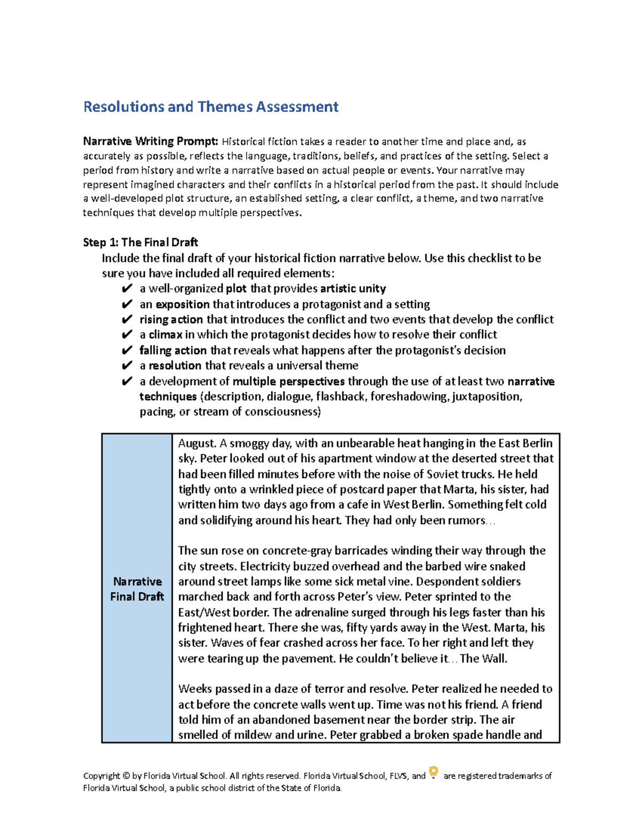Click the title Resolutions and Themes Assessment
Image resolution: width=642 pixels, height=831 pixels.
[211, 107]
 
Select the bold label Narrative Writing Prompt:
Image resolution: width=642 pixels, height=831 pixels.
[150, 142]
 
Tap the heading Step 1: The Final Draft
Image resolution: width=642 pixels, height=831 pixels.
[140, 242]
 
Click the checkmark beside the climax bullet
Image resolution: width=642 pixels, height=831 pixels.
[127, 335]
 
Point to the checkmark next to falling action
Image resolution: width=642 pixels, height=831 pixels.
[127, 350]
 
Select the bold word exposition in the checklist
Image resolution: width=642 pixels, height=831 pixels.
[182, 304]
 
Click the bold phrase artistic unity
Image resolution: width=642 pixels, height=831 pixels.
[353, 289]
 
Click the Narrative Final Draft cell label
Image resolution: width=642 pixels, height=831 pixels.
[137, 589]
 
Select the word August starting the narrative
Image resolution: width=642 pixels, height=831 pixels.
[197, 444]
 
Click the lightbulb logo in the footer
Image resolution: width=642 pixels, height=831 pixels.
[434, 772]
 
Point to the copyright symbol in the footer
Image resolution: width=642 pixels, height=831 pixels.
[126, 776]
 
